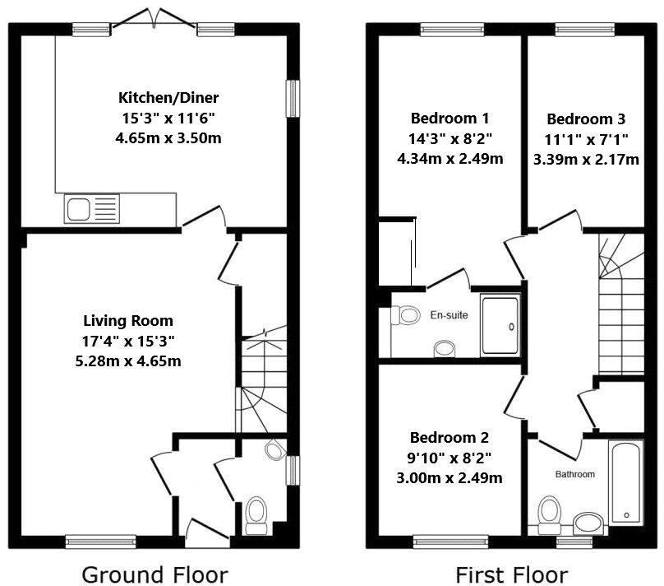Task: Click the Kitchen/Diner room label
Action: (x=168, y=98)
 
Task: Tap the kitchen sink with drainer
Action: (x=92, y=208)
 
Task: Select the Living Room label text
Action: (x=128, y=321)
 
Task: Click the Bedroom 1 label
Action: (x=450, y=119)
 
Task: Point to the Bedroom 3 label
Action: (x=586, y=119)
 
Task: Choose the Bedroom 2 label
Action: (x=450, y=437)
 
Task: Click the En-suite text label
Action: (x=449, y=315)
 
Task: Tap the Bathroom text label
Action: (x=574, y=474)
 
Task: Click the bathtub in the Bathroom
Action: (x=626, y=483)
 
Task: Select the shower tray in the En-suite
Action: (x=500, y=326)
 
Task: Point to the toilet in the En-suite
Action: (x=406, y=315)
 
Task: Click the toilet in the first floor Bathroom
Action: (x=549, y=514)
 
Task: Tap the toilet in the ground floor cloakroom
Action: (x=256, y=514)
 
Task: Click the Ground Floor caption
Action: (x=154, y=575)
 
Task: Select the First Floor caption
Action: (x=511, y=575)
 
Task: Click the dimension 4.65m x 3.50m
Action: (x=168, y=138)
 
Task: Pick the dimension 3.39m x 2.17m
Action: (x=586, y=160)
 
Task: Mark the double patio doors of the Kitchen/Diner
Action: (x=154, y=19)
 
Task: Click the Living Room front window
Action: (x=101, y=542)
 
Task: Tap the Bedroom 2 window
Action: (x=450, y=542)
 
